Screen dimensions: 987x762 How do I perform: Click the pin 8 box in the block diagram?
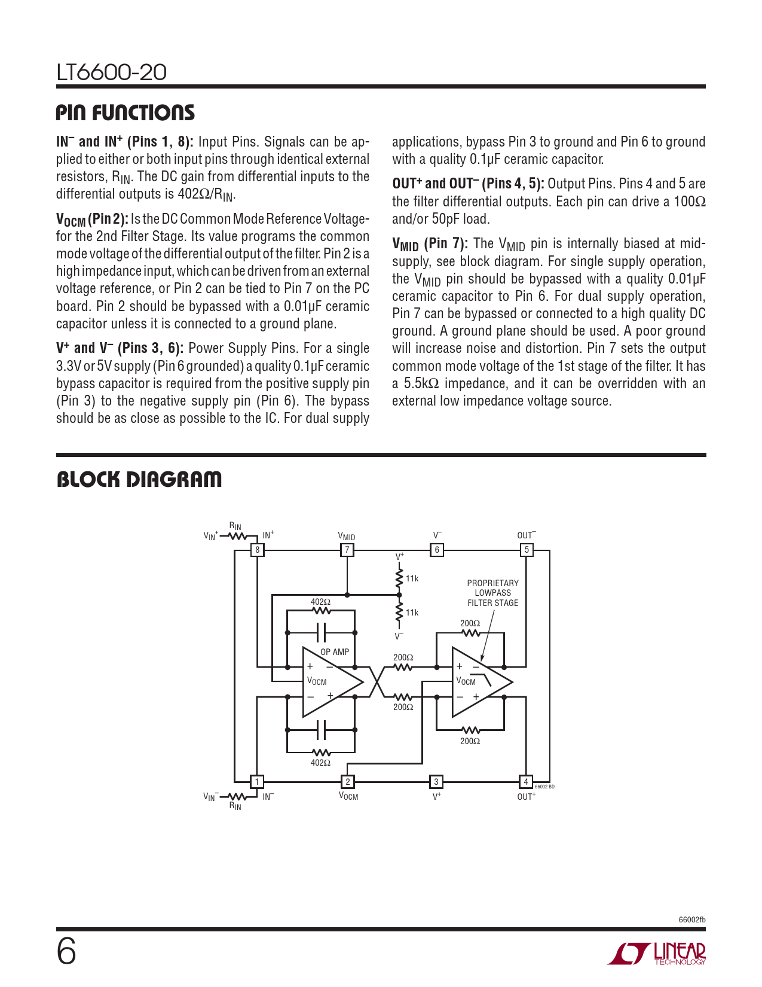(x=257, y=550)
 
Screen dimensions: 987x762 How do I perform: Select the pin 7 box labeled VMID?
(x=347, y=550)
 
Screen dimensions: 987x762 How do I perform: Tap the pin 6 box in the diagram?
(x=437, y=550)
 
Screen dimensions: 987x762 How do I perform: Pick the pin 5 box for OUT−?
(x=527, y=550)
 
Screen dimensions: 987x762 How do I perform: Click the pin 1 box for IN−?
(x=257, y=781)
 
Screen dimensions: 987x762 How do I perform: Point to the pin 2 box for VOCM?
(x=347, y=781)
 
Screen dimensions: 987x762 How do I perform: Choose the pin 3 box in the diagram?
(x=436, y=781)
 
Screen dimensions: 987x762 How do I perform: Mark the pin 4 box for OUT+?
(x=526, y=781)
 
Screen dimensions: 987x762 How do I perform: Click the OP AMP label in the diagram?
(x=335, y=652)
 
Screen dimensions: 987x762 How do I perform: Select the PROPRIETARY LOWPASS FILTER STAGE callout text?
(x=493, y=593)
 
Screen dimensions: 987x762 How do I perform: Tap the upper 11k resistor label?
(x=412, y=578)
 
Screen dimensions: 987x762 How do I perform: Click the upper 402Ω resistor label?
(x=320, y=602)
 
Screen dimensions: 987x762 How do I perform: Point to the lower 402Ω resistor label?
(x=320, y=763)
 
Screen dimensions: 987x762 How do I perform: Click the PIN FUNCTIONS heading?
(x=126, y=113)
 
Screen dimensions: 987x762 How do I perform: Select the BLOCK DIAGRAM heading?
(x=139, y=479)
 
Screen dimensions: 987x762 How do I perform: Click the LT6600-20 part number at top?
(x=112, y=72)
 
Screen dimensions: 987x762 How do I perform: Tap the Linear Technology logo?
(x=657, y=954)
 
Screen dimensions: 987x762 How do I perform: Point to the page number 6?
(x=66, y=952)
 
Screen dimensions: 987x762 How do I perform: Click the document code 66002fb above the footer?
(x=692, y=919)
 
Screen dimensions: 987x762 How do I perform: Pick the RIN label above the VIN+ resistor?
(x=235, y=526)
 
